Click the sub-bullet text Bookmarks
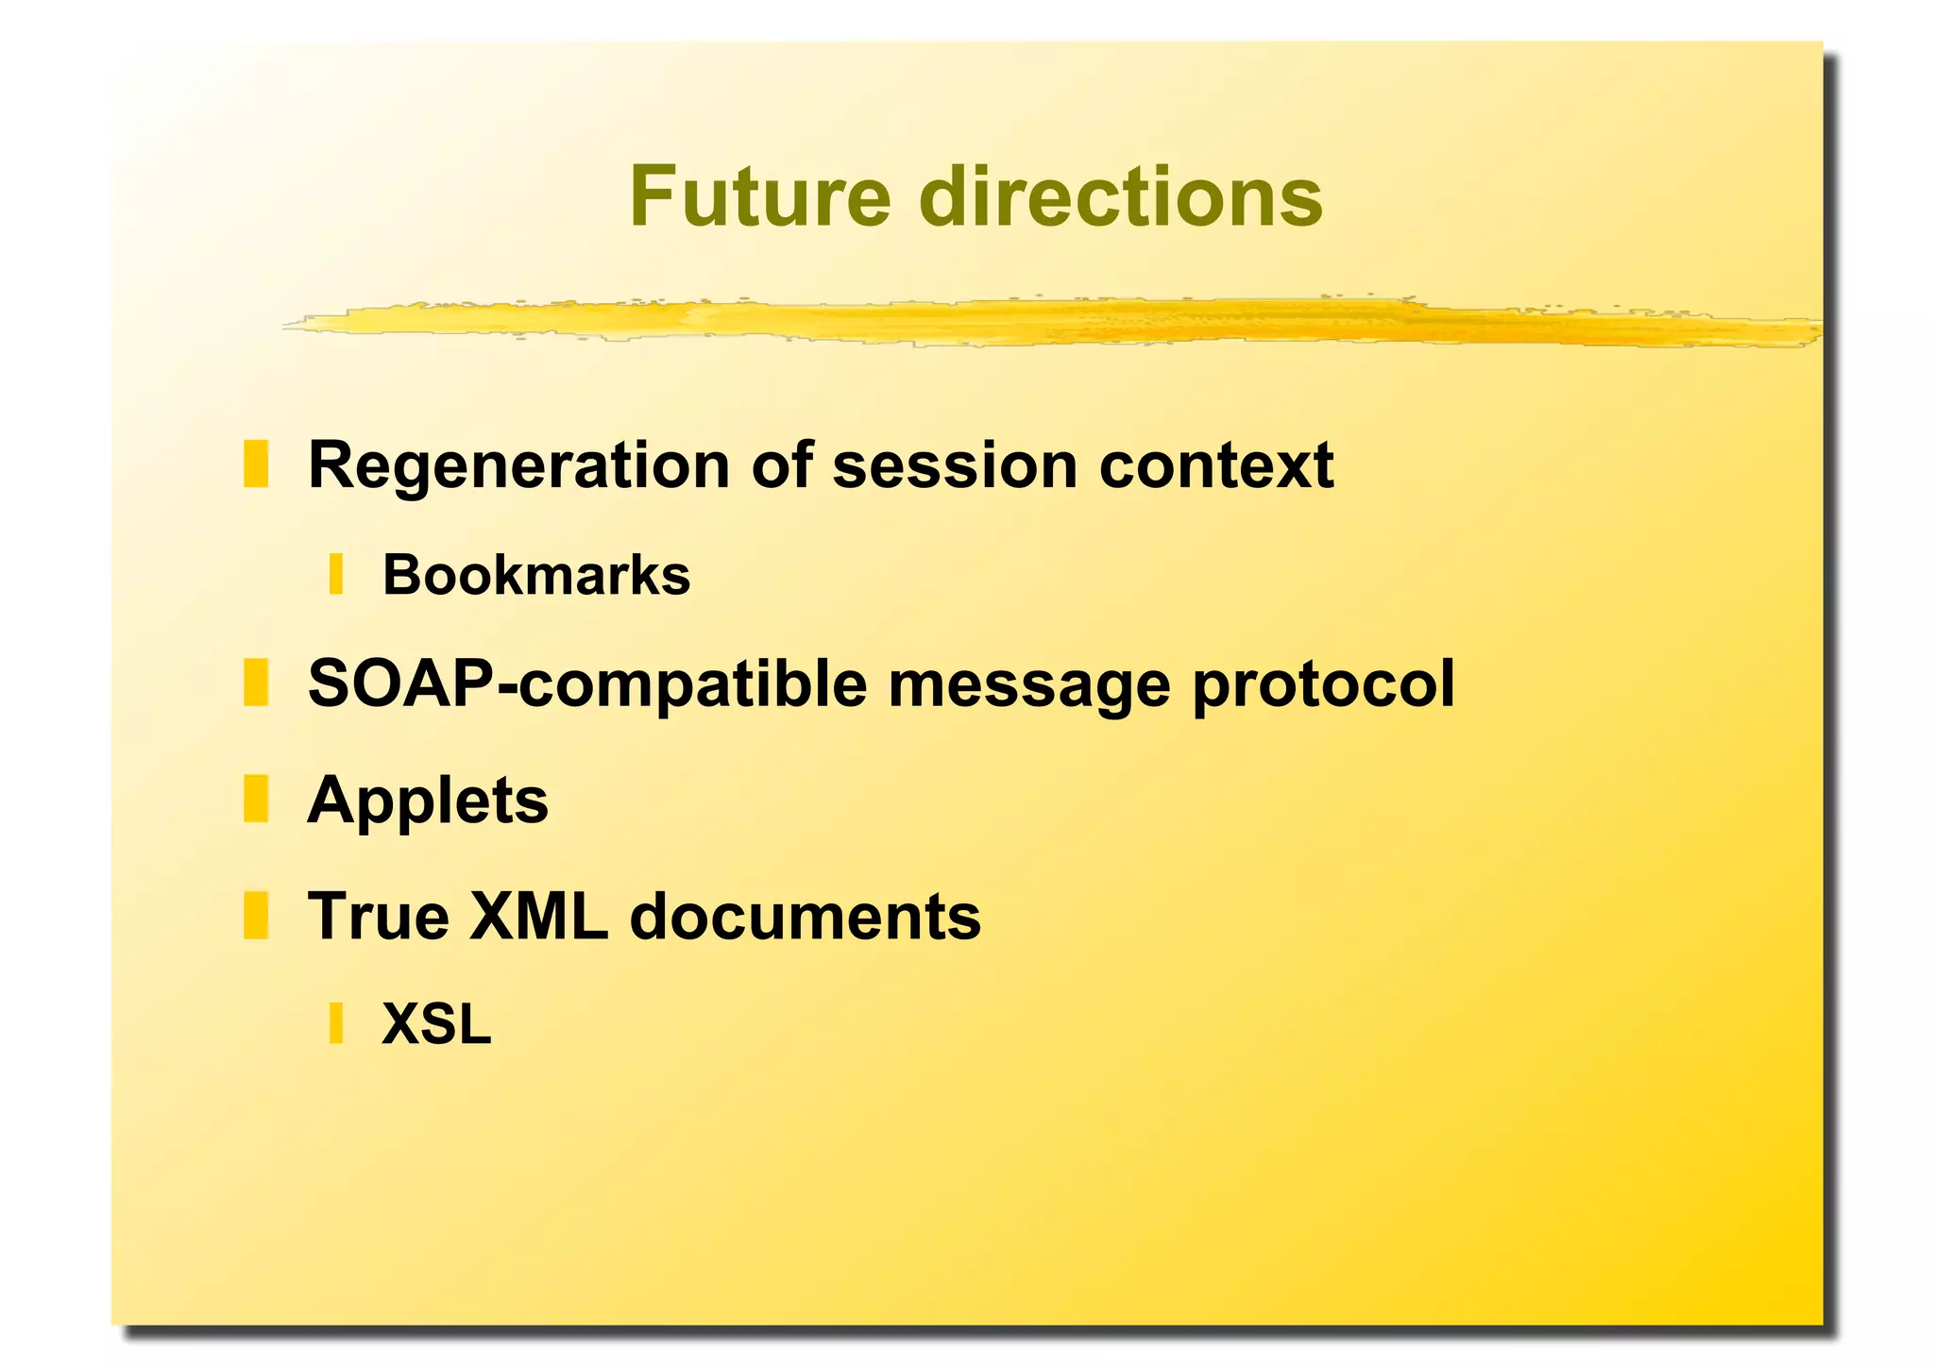pos(535,575)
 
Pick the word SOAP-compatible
pos(586,684)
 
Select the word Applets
pos(428,801)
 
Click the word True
pos(379,917)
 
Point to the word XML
pos(538,917)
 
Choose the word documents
pos(805,917)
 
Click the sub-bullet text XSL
pos(436,1024)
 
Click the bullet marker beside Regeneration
pos(256,464)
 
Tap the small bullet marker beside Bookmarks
pos(335,575)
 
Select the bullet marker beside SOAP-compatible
pos(256,683)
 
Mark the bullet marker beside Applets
pos(256,799)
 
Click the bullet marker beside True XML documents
pos(256,916)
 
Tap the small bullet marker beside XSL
pos(335,1024)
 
